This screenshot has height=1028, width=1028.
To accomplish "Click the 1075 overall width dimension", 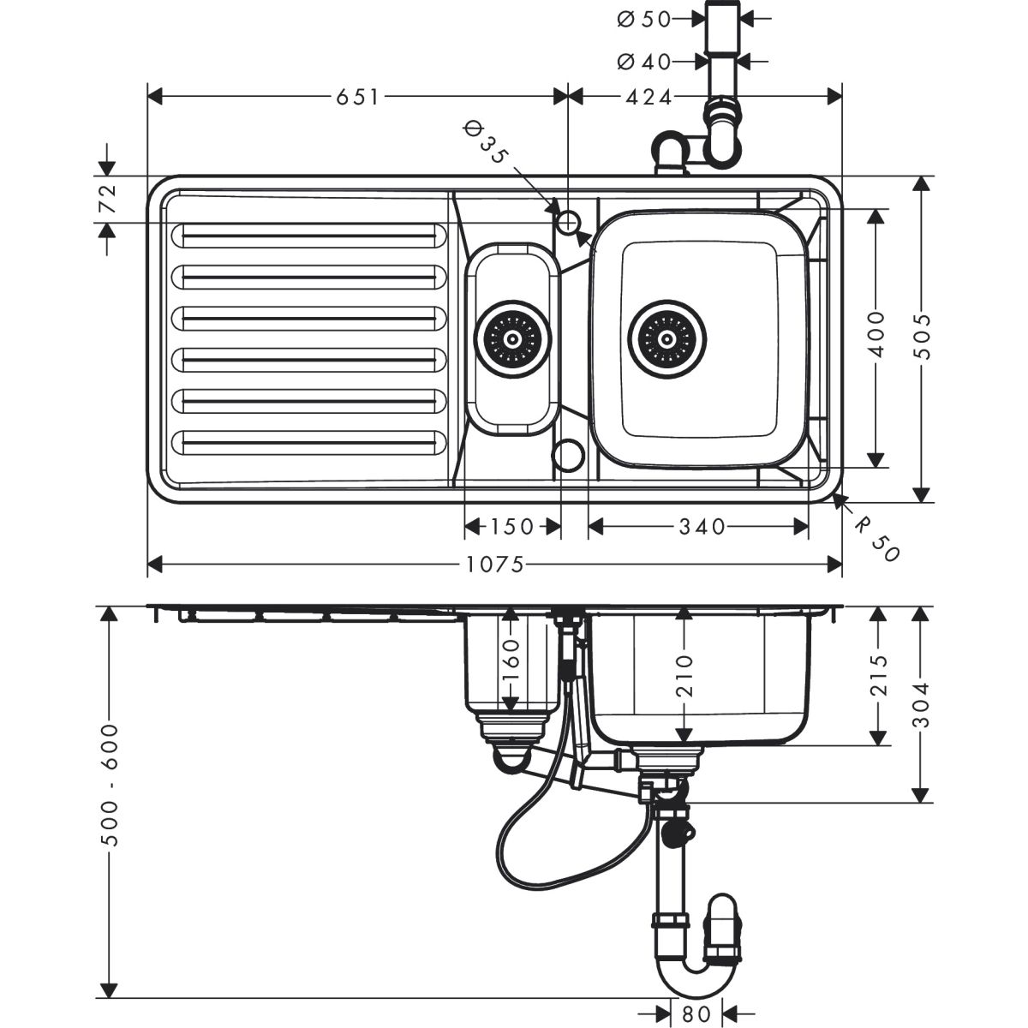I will click(x=495, y=565).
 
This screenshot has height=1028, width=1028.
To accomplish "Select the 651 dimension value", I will click(x=358, y=97).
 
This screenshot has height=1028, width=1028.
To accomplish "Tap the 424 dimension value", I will click(x=648, y=97).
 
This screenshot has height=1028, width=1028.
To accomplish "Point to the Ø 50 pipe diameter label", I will click(x=644, y=19).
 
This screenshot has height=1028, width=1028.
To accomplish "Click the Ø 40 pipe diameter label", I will click(x=644, y=61).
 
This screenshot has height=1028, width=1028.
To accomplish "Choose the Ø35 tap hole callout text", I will click(x=485, y=143).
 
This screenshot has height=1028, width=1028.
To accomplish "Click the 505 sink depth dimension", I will click(x=922, y=338).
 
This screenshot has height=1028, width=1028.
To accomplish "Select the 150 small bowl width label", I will click(x=512, y=525).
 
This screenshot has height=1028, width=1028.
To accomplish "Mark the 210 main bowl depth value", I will click(x=684, y=674).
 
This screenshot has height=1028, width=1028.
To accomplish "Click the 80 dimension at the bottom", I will click(x=697, y=1013).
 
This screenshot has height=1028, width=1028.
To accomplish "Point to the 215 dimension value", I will click(x=876, y=677).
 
